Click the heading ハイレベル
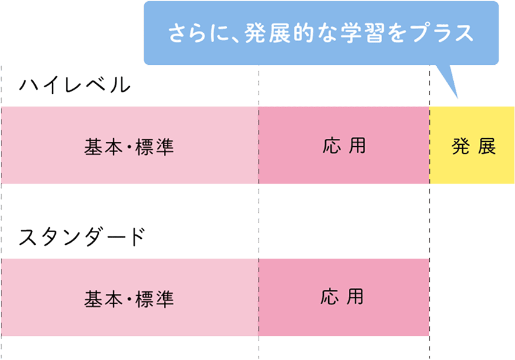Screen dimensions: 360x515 tap(75, 84)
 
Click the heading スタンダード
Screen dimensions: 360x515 tap(82, 236)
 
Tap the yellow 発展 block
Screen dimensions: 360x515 tap(473, 146)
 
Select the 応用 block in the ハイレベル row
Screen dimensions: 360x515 tap(344, 145)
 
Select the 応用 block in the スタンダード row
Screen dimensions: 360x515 tap(344, 296)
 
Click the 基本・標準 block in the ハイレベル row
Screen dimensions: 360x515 tap(129, 146)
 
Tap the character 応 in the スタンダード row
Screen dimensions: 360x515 tap(330, 296)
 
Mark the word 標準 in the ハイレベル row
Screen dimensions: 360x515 tap(155, 146)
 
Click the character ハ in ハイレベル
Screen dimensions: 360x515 tap(29, 84)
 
